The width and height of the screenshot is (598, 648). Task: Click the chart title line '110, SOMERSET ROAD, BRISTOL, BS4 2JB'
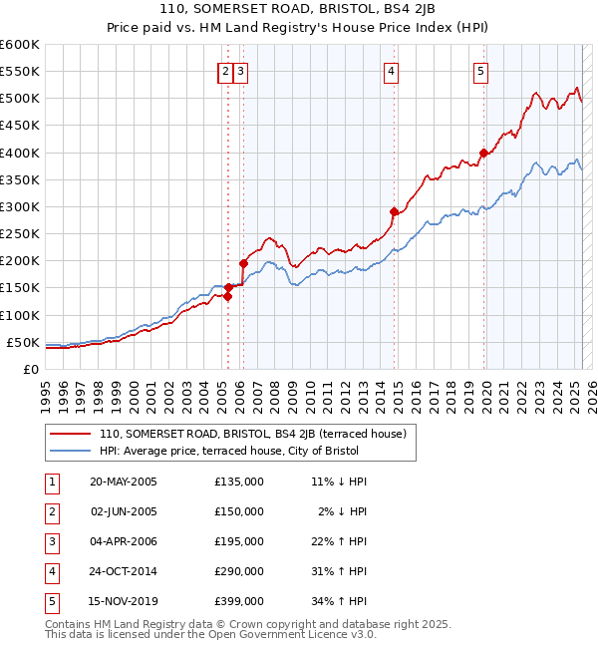pyautogui.click(x=298, y=11)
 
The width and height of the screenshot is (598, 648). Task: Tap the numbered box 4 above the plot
pyautogui.click(x=392, y=71)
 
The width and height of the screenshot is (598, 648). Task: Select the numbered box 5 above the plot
pyautogui.click(x=480, y=71)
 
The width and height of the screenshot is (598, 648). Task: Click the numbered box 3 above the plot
pyautogui.click(x=242, y=71)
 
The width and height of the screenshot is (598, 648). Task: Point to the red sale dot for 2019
pyautogui.click(x=483, y=153)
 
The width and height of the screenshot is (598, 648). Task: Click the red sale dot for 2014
pyautogui.click(x=394, y=211)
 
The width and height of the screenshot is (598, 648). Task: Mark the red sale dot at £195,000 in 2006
pyautogui.click(x=243, y=263)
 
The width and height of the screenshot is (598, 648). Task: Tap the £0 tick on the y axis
pyautogui.click(x=31, y=369)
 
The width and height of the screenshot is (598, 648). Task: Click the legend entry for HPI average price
pyautogui.click(x=230, y=452)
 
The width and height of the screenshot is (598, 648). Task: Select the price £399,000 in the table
pyautogui.click(x=239, y=601)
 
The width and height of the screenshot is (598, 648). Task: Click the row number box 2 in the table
pyautogui.click(x=51, y=511)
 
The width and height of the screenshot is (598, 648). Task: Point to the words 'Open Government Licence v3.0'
pyautogui.click(x=298, y=634)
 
